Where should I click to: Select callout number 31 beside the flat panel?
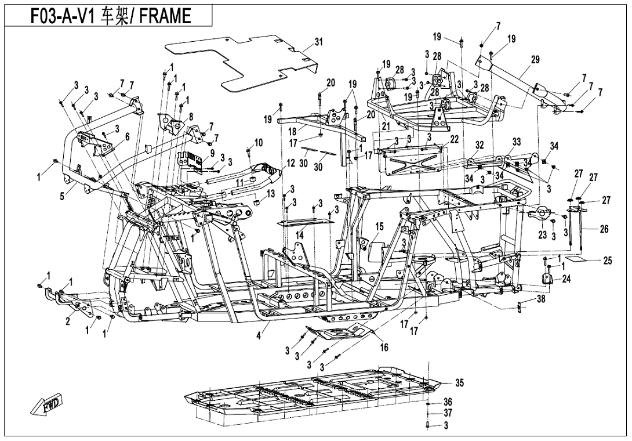coord(318,42)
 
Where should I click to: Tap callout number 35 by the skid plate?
coord(459,384)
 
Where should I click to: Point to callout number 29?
coord(535,60)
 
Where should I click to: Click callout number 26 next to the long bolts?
coord(604,230)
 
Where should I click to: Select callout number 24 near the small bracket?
coord(566,279)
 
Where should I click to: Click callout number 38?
coord(540,299)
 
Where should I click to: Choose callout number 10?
coord(259,142)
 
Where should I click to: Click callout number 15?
coord(380,226)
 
